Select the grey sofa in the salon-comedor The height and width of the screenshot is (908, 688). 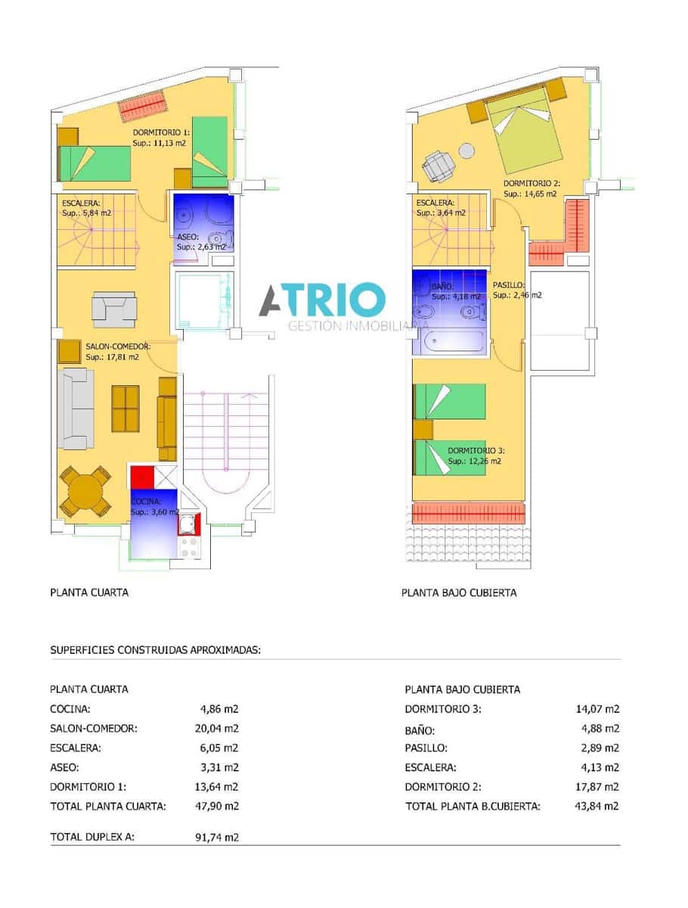click(x=75, y=409)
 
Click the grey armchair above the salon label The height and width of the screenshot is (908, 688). click(x=113, y=309)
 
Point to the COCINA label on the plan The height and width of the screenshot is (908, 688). click(x=146, y=502)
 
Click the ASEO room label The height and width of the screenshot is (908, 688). click(x=187, y=236)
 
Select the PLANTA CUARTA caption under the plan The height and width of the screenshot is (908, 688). click(x=89, y=592)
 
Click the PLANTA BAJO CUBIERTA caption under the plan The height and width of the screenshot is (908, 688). click(x=459, y=592)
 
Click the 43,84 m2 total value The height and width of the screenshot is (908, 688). click(x=597, y=806)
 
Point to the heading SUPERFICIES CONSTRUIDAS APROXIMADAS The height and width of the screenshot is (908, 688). click(x=155, y=649)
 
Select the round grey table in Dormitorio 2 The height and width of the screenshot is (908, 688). click(x=467, y=151)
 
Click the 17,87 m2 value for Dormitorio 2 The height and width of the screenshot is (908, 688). click(x=597, y=786)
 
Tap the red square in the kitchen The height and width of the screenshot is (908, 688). click(x=141, y=477)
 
